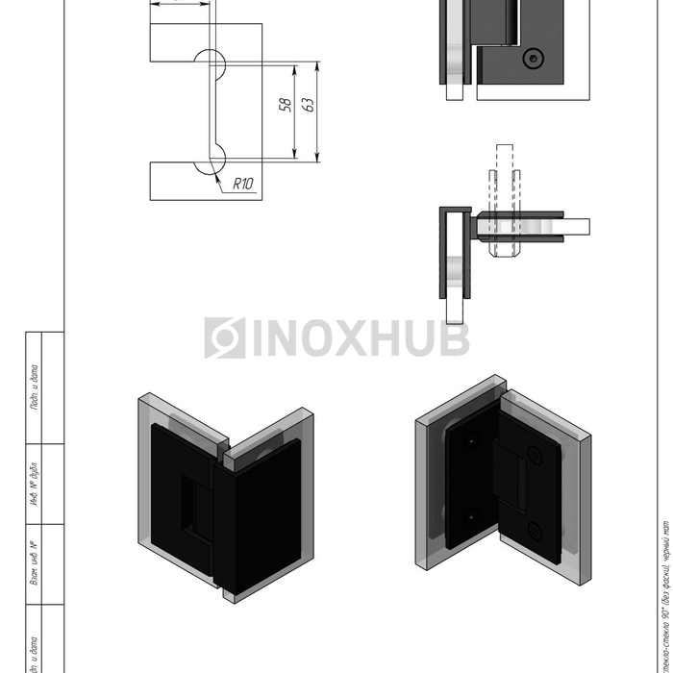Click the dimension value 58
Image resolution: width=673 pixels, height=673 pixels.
[286, 104]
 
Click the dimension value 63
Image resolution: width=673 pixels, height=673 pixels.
[309, 104]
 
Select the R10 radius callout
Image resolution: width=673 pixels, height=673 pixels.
[242, 185]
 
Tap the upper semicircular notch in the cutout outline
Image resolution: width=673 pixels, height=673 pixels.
[212, 62]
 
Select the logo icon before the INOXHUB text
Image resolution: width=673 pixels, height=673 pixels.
[225, 338]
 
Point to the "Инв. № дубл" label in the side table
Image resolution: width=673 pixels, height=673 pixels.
[33, 486]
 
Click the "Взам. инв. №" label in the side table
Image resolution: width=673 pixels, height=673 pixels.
[33, 564]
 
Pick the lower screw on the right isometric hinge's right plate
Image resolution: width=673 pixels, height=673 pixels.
[536, 530]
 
